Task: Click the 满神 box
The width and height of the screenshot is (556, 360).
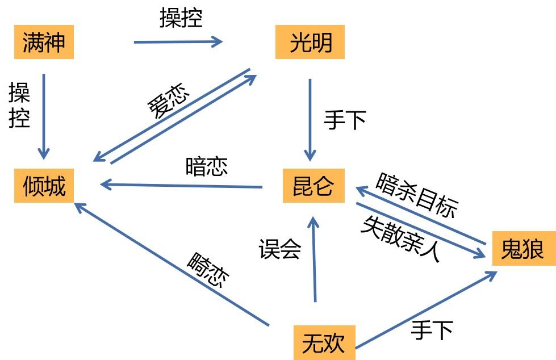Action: coord(44,43)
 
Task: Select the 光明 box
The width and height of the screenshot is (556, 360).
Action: coord(310,43)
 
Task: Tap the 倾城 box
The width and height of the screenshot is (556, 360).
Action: coord(44,186)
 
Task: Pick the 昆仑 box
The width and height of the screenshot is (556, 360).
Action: coord(313,186)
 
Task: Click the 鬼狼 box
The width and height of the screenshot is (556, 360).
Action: coord(523,249)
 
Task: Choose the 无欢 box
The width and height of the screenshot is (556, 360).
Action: coord(324,342)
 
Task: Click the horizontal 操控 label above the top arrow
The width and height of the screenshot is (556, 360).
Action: coord(181,19)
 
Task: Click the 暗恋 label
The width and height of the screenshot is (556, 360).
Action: coord(206,166)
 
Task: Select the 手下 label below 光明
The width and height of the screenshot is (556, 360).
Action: coord(345,120)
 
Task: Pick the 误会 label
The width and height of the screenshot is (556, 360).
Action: coord(279,249)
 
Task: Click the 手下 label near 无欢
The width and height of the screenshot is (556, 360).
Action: coord(432,329)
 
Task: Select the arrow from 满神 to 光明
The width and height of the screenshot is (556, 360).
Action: coord(178,41)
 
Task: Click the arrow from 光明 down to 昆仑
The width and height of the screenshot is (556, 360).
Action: coord(310,119)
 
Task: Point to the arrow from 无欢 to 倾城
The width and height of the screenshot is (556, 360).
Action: coord(170,264)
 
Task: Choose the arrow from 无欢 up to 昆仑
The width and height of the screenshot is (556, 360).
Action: coord(313,258)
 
